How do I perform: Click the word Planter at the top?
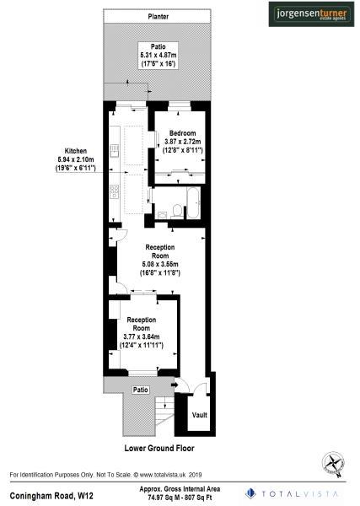coord(158,16)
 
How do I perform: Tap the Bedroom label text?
coord(182,133)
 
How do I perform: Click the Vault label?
coord(200,415)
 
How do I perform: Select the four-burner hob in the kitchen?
coord(114,196)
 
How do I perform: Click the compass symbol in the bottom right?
coord(333,462)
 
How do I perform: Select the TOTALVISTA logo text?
coord(302,493)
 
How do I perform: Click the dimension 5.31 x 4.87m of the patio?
coord(158,55)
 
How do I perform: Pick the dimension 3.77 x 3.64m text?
coord(142,336)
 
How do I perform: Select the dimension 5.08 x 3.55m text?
coord(160,264)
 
